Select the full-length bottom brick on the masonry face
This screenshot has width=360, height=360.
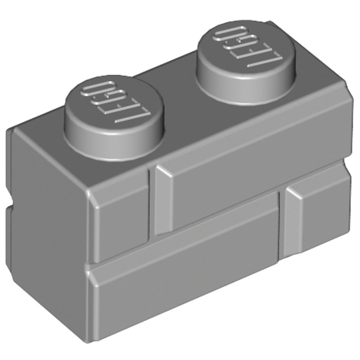(206, 293)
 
